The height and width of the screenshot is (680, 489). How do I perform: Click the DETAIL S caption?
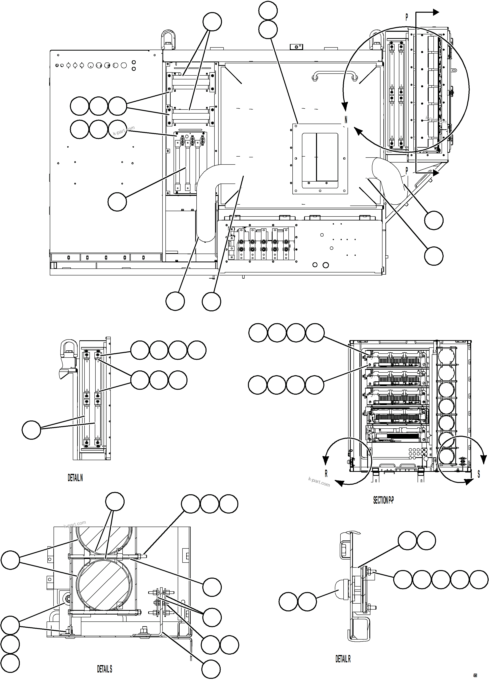(104, 669)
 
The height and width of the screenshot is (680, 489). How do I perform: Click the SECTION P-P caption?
(383, 500)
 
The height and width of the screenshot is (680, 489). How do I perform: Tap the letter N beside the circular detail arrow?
(346, 120)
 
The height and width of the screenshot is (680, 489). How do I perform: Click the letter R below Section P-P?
(326, 474)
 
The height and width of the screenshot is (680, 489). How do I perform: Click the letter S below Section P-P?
(478, 474)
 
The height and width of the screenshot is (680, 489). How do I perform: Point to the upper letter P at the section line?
(406, 18)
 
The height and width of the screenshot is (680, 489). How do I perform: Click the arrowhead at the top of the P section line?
(435, 12)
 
